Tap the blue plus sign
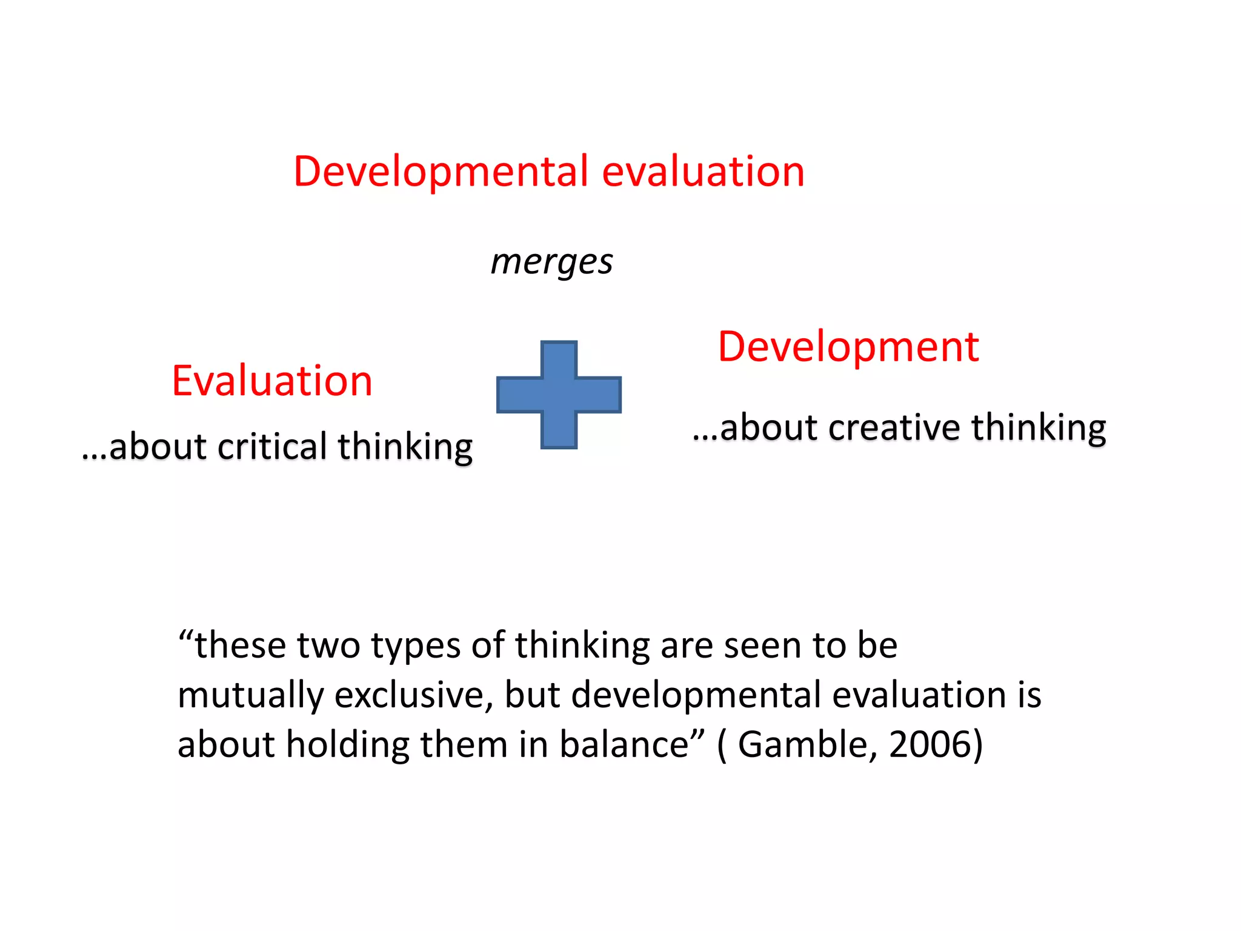559,395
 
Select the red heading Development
848,347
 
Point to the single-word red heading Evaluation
272,381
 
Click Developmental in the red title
441,172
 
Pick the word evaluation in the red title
703,172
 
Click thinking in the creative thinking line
1039,429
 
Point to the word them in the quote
464,744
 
